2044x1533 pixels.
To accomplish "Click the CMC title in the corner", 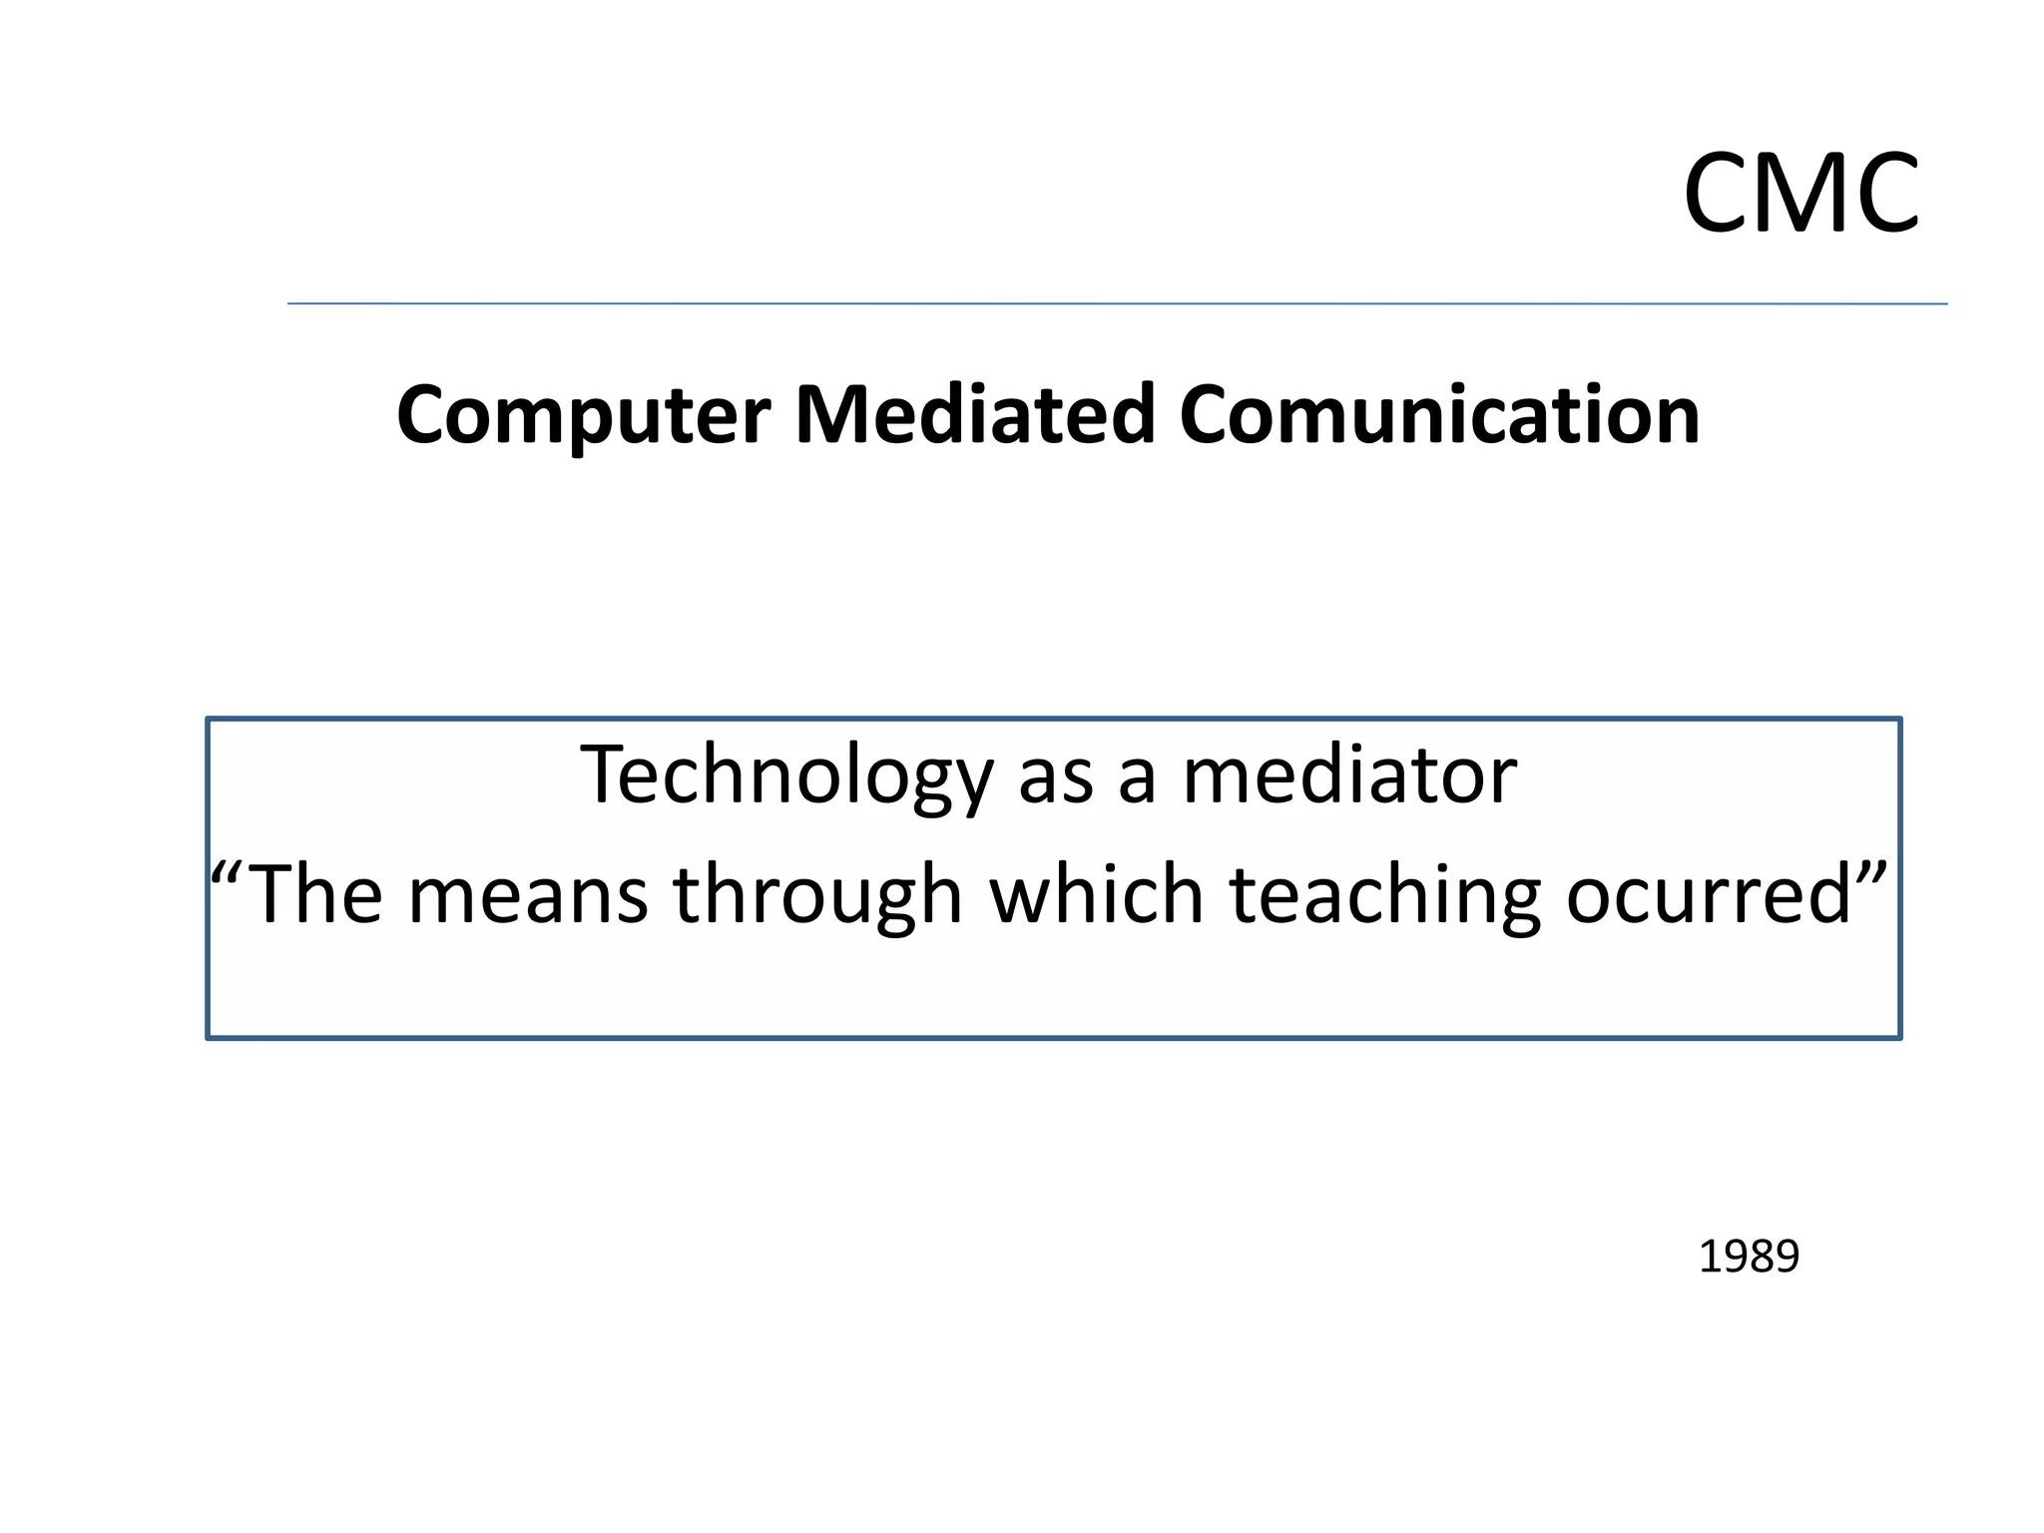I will coord(1800,194).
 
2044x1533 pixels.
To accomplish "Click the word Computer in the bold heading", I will coord(583,415).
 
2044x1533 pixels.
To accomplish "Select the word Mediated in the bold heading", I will coord(974,415).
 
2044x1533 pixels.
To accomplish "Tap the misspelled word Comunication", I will coord(1439,415).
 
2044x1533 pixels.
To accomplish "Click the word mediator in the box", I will coord(1349,776).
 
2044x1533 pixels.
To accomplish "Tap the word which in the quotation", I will coord(1096,894).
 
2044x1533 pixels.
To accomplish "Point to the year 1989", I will coord(1749,1257).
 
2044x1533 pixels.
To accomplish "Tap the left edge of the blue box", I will coord(208,878).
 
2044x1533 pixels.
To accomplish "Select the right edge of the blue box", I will coord(1899,878).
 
